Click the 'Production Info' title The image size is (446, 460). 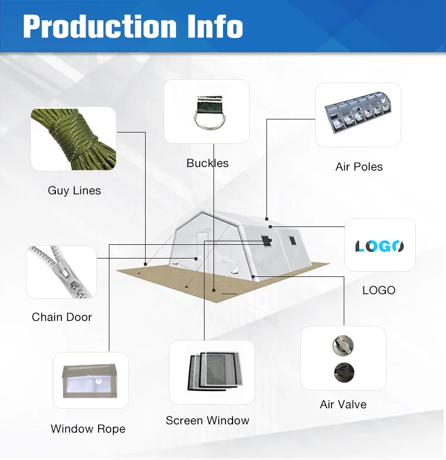click(133, 26)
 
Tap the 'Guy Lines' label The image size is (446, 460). click(74, 191)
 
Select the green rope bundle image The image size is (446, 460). click(73, 139)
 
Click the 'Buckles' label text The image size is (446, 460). click(208, 163)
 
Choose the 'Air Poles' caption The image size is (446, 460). click(359, 166)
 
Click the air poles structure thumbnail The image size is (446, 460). click(358, 113)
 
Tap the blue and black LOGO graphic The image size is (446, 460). click(379, 246)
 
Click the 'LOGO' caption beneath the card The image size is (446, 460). click(379, 290)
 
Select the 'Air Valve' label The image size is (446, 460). click(343, 404)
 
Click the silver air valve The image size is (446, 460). click(343, 345)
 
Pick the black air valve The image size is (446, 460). click(344, 373)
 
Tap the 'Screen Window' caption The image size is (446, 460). click(208, 420)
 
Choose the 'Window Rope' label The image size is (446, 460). click(88, 429)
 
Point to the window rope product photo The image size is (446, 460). click(90, 381)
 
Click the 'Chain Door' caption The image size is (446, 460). click(62, 317)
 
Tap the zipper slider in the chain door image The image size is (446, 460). click(64, 273)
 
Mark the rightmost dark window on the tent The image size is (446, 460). click(293, 241)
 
